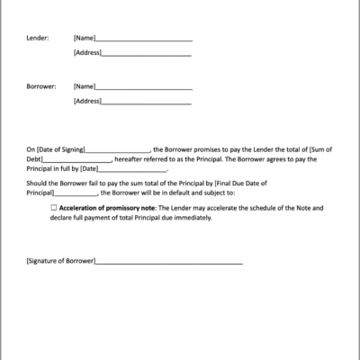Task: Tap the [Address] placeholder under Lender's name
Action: coord(87,53)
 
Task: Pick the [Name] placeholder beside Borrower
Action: coord(84,87)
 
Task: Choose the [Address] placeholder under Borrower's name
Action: coord(87,101)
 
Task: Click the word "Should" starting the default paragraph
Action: coord(37,182)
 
